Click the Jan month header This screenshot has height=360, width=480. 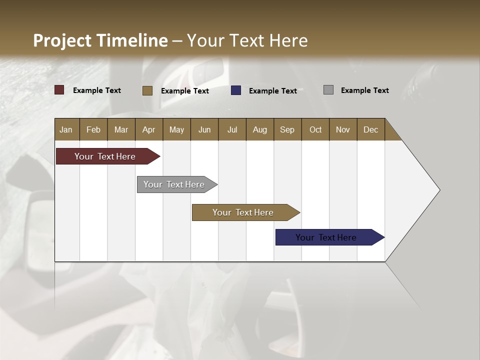[66, 129]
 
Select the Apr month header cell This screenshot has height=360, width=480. [148, 129]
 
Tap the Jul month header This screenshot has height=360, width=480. [232, 129]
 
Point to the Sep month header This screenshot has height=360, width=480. [287, 129]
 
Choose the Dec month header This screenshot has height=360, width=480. [370, 129]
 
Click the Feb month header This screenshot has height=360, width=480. [93, 129]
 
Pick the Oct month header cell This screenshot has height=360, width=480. [315, 129]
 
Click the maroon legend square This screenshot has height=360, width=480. [59, 90]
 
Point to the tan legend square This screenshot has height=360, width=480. [147, 90]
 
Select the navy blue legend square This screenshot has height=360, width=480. [236, 90]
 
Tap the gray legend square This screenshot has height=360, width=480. [328, 90]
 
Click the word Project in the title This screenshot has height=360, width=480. [62, 40]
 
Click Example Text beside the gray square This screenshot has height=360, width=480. [364, 90]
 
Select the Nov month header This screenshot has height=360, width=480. [343, 129]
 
